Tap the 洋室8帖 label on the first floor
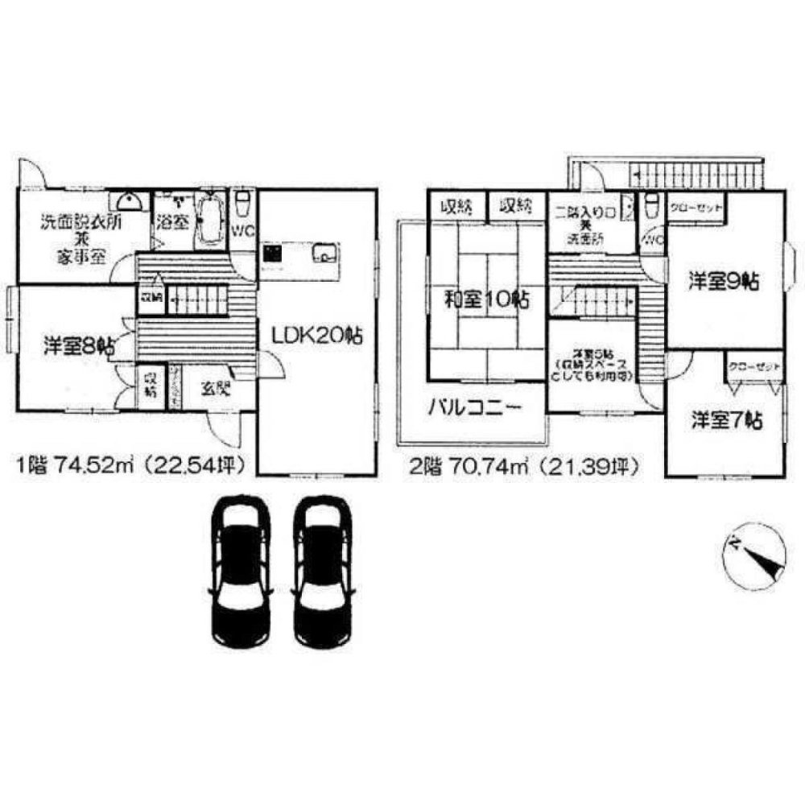pyautogui.click(x=77, y=347)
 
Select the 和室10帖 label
pyautogui.click(x=487, y=300)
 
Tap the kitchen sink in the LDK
pyautogui.click(x=324, y=256)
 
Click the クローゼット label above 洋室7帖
pyautogui.click(x=754, y=367)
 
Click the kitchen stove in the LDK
pyautogui.click(x=272, y=255)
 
